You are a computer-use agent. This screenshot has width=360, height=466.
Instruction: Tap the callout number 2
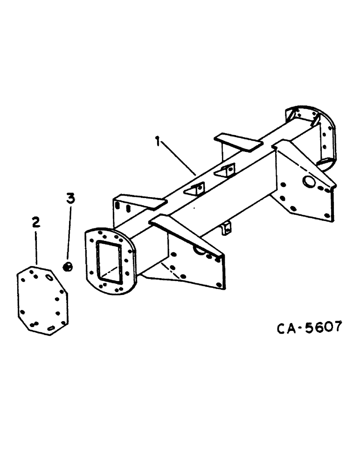[36, 222]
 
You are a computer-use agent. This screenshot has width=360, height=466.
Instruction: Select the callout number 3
[70, 199]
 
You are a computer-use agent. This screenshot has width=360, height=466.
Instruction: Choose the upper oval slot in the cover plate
[49, 278]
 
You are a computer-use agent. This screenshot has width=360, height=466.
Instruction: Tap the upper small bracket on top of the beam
[226, 171]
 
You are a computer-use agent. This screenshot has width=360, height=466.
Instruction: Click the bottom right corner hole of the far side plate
[326, 215]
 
